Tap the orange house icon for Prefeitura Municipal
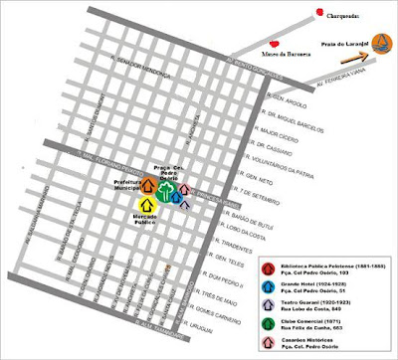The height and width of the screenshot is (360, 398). (x=147, y=184)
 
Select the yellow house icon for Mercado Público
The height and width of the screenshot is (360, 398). (x=146, y=204)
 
